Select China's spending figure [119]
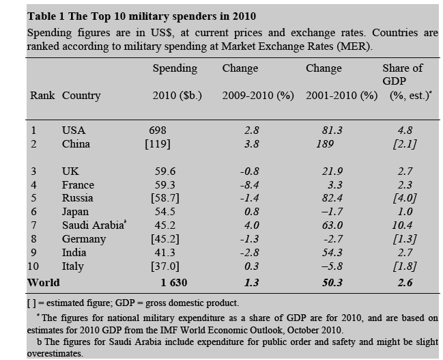click(158, 144)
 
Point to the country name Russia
click(78, 198)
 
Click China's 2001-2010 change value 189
click(325, 144)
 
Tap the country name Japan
click(76, 212)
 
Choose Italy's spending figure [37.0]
click(165, 266)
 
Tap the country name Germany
click(83, 239)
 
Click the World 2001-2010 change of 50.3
click(333, 282)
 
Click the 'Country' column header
click(81, 96)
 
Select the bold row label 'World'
click(43, 282)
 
